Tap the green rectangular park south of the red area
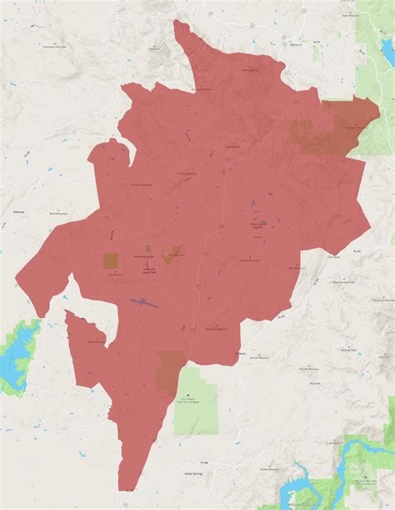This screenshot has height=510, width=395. pos(197,400)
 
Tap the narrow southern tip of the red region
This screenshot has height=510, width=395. pos(122,488)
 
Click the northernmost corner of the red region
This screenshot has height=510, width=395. pos(177,23)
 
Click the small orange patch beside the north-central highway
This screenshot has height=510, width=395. pos(223,172)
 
